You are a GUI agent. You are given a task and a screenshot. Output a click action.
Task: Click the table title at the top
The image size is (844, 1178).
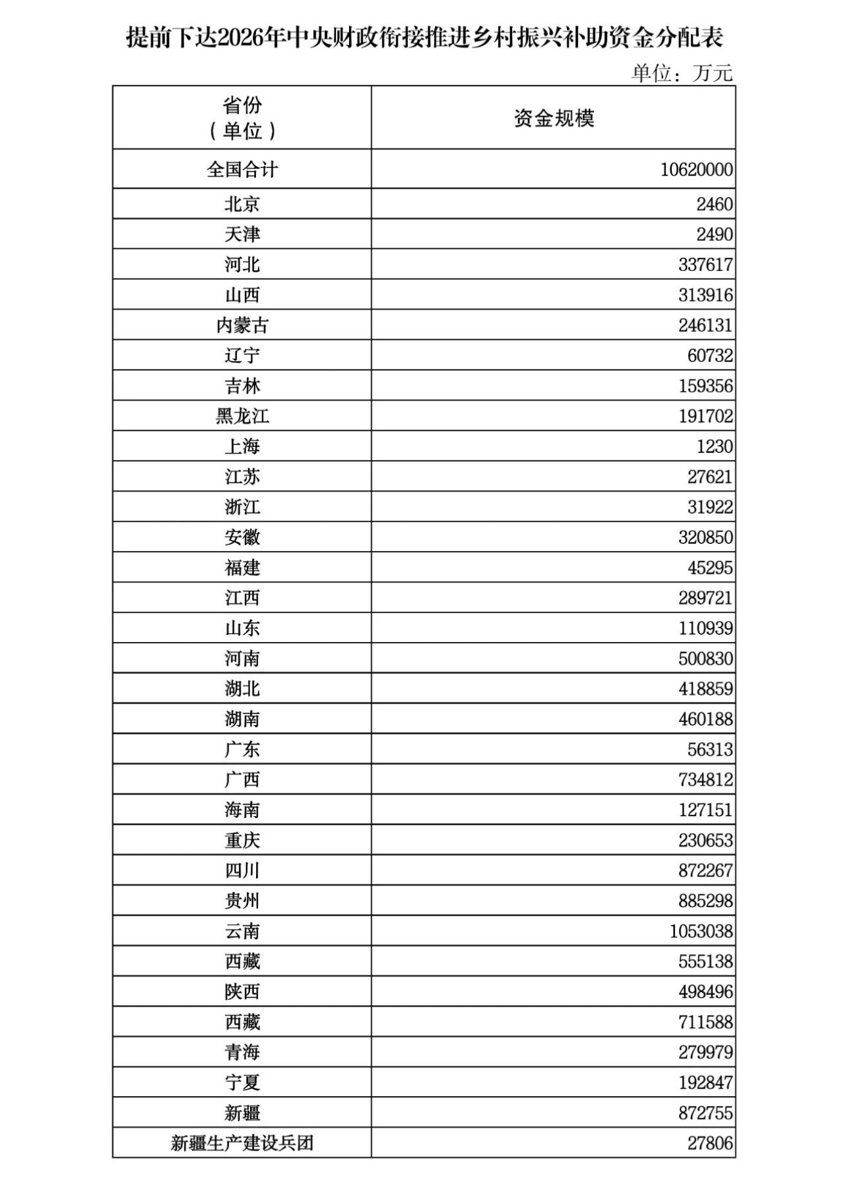[424, 38]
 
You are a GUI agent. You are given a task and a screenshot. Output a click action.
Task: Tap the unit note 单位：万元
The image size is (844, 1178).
[682, 73]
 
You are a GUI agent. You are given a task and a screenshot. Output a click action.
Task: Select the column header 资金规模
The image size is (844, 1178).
[553, 118]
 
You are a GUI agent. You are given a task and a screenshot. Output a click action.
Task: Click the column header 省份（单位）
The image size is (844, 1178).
[242, 118]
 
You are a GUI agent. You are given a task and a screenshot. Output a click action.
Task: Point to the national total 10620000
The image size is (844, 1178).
[696, 170]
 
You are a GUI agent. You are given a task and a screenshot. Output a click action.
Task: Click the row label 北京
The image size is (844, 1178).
[242, 204]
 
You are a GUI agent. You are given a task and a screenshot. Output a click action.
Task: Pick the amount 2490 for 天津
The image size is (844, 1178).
[714, 234]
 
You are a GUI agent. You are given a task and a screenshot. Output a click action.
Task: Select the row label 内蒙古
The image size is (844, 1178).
[242, 325]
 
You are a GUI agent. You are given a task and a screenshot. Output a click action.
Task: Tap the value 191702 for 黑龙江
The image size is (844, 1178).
[705, 416]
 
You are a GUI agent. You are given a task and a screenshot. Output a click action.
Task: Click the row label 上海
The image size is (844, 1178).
[242, 446]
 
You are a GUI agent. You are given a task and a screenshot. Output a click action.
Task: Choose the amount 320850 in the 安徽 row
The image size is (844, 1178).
[705, 537]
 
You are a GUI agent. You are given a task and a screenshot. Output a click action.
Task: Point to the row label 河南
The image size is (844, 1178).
[242, 658]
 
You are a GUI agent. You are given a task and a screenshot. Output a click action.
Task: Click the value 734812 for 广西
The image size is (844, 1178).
[705, 779]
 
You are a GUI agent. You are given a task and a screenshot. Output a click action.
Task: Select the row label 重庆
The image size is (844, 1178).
[242, 840]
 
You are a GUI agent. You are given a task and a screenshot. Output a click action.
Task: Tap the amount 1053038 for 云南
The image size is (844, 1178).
[701, 931]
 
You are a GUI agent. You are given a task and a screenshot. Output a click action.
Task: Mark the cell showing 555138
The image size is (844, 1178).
[705, 961]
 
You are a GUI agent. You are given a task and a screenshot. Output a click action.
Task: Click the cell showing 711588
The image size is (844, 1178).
[705, 1022]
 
